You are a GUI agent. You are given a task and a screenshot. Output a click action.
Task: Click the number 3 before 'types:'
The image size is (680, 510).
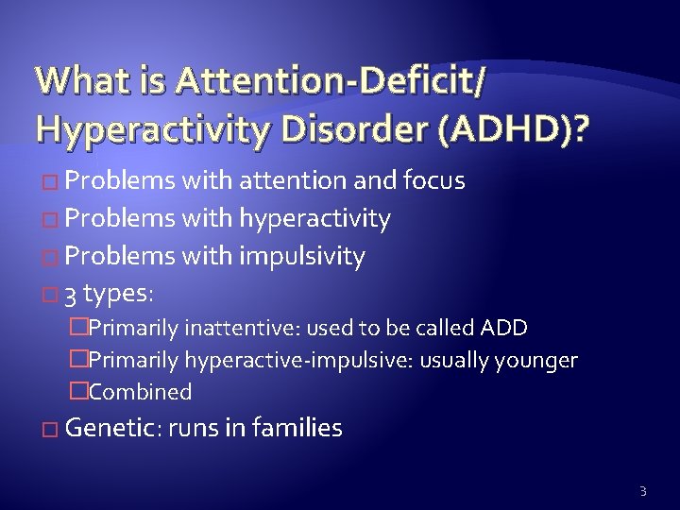pos(72,294)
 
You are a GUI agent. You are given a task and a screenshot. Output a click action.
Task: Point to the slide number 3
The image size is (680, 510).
pos(642,489)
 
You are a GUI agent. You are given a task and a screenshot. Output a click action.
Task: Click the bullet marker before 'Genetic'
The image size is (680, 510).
pos(52,430)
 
